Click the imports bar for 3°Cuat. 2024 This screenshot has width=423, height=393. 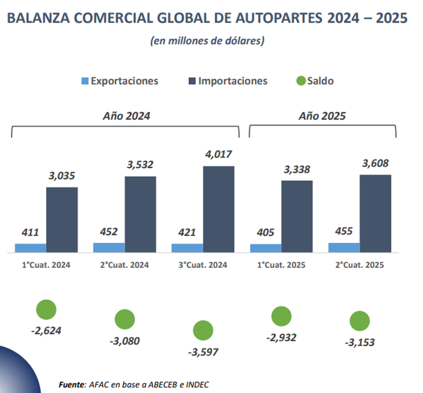218,209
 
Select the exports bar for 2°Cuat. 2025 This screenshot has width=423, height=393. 344,248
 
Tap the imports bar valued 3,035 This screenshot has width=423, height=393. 62,220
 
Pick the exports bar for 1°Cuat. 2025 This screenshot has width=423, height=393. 265,248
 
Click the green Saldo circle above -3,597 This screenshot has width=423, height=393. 203,330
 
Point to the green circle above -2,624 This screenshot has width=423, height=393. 46,310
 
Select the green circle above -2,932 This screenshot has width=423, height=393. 282,316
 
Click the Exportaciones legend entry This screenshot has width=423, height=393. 119,81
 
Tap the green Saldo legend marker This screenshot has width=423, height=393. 301,81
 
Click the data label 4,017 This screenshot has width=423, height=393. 218,155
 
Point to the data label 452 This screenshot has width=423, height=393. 108,232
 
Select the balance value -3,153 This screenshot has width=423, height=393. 360,342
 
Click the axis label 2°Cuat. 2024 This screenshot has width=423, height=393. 124,265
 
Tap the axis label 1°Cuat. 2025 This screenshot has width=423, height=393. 280,265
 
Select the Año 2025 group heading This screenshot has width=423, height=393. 322,116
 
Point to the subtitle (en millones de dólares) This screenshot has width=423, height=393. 207,41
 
